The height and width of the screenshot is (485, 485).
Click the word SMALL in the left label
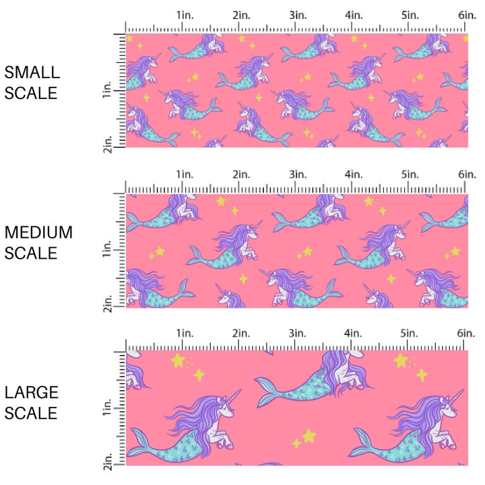[32, 73]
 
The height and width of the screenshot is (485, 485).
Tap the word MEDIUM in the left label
[38, 232]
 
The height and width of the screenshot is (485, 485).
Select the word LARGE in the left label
[31, 392]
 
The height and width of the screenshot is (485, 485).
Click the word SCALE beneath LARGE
[31, 413]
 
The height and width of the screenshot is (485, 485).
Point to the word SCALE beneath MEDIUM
[31, 253]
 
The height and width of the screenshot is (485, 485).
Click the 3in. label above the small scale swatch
[298, 15]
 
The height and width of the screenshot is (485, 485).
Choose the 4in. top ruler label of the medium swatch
[354, 174]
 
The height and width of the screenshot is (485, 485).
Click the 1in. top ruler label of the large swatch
[185, 333]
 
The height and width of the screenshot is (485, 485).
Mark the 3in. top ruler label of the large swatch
[298, 333]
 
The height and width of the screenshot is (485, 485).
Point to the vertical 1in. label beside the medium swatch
[108, 251]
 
